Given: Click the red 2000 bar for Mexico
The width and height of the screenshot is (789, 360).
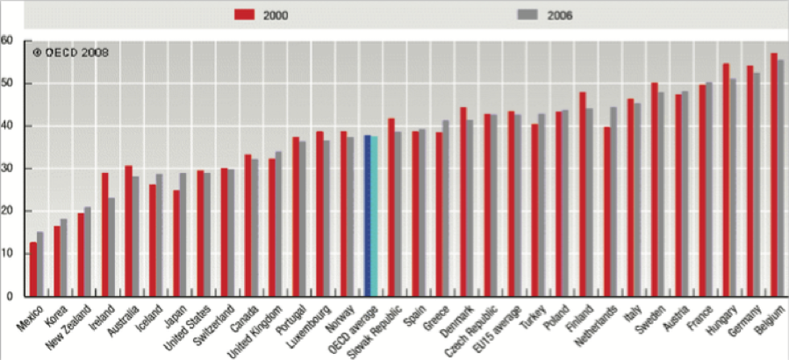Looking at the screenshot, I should tap(33, 270).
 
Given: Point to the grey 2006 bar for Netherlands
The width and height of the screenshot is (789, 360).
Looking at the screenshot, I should tap(613, 202).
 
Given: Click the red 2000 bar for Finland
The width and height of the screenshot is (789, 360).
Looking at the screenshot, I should tap(583, 194).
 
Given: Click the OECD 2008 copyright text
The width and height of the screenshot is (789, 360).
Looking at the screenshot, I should tap(71, 53).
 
